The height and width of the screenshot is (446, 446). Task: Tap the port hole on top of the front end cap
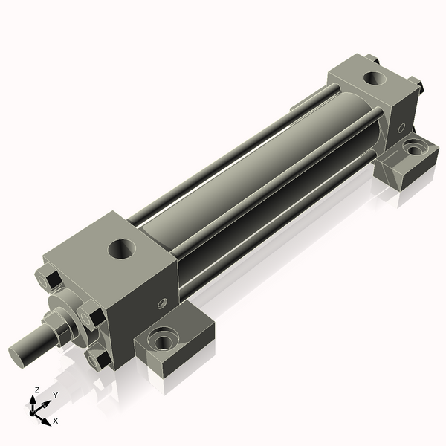(x=122, y=249)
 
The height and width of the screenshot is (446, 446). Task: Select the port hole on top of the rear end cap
(x=375, y=77)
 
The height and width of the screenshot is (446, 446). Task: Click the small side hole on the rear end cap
(x=401, y=128)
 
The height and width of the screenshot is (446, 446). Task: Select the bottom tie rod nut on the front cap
(x=98, y=358)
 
